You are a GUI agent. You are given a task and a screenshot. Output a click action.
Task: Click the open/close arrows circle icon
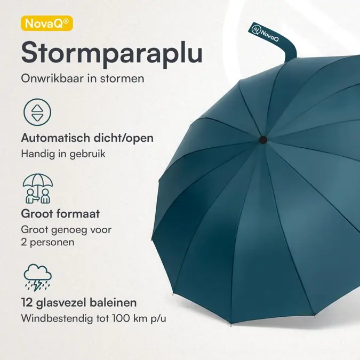[37, 113]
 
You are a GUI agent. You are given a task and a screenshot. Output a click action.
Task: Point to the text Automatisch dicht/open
[87, 138]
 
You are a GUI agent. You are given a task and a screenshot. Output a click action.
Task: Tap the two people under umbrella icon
[38, 188]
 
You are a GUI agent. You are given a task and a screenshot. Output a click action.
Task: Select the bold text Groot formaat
[60, 214]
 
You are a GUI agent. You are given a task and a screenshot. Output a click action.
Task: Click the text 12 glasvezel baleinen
[79, 303]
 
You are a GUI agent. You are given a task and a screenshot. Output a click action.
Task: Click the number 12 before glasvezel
[27, 303]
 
